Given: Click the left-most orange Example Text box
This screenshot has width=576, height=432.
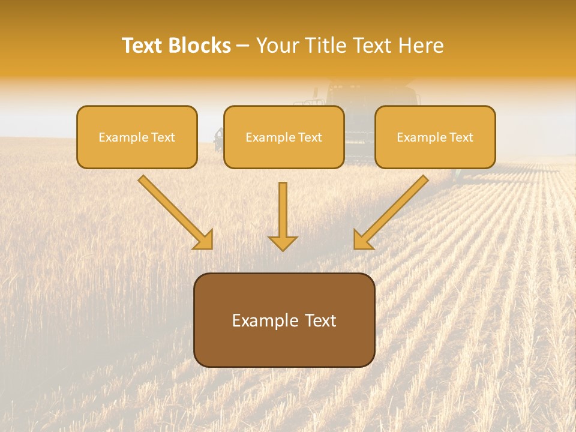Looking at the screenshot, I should tap(137, 137).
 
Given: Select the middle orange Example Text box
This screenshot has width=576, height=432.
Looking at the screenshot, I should tap(284, 137).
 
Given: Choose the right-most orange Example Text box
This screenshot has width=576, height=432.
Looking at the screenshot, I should tap(435, 137).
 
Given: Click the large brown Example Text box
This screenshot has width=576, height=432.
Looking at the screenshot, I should tap(284, 320).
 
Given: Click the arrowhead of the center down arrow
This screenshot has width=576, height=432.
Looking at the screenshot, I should tap(283, 242).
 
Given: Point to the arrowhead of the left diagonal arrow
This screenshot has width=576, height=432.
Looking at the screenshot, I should tap(204, 240).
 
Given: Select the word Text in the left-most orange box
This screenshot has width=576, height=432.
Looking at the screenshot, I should tap(163, 137).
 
